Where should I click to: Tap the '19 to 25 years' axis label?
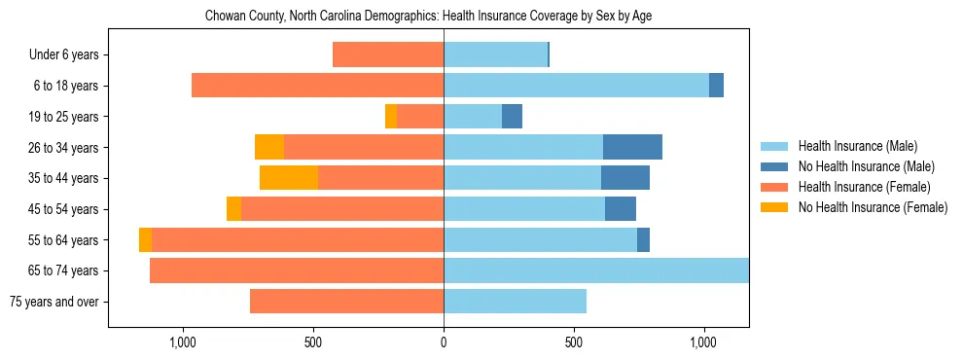pyautogui.click(x=63, y=117)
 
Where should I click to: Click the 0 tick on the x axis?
pyautogui.click(x=444, y=342)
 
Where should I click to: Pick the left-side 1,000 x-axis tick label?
pyautogui.click(x=183, y=342)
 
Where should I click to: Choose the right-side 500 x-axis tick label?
pyautogui.click(x=574, y=342)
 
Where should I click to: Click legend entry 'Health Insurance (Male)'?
pyautogui.click(x=857, y=146)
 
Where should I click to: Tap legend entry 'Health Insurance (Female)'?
pyautogui.click(x=864, y=187)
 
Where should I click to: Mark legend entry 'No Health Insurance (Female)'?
pyautogui.click(x=873, y=207)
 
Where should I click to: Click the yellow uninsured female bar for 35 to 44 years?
pyautogui.click(x=289, y=178)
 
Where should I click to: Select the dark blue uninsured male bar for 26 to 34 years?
pyautogui.click(x=632, y=147)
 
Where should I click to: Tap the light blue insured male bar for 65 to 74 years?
pyautogui.click(x=596, y=270)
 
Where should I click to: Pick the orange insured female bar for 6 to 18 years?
pyautogui.click(x=317, y=86)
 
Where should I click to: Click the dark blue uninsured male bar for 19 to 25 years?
pyautogui.click(x=512, y=117)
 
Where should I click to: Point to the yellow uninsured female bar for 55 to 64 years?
pyautogui.click(x=145, y=239)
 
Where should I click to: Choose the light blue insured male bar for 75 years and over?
pyautogui.click(x=515, y=302)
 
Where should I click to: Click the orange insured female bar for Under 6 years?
pyautogui.click(x=388, y=54)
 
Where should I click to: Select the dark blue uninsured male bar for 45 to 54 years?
pyautogui.click(x=621, y=209)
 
